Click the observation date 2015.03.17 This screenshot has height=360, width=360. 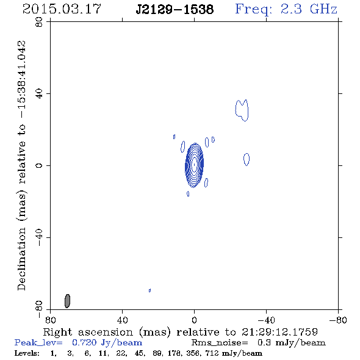click(x=62, y=9)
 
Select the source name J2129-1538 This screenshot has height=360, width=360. click(x=175, y=10)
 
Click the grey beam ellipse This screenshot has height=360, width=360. click(x=67, y=301)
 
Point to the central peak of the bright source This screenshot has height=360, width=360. click(x=195, y=165)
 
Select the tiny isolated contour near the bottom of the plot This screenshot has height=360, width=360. click(x=149, y=290)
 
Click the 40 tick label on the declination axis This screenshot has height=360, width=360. click(x=39, y=94)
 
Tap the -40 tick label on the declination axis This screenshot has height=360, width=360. click(x=39, y=237)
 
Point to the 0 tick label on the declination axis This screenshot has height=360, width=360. click(x=39, y=165)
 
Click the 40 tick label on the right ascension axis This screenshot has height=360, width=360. click(x=122, y=320)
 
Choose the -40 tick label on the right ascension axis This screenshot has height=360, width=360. click(x=266, y=320)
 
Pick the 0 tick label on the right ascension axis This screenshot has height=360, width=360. click(x=194, y=320)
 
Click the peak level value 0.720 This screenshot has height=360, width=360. click(x=84, y=342)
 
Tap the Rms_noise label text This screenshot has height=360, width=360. click(x=220, y=343)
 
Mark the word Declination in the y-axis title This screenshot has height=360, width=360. click(x=21, y=259)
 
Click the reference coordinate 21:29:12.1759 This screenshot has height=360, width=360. click(x=279, y=332)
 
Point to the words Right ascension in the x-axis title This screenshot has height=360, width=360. click(x=88, y=332)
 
